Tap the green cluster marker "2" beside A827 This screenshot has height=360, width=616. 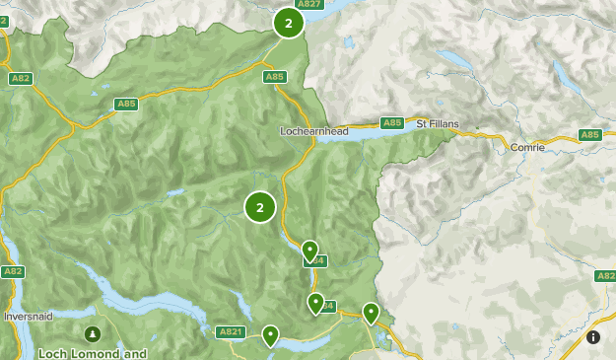(288, 23)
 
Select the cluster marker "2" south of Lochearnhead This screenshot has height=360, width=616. (260, 207)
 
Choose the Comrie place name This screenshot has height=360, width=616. (527, 147)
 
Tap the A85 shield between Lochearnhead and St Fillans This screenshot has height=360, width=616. (392, 123)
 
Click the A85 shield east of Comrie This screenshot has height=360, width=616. (589, 135)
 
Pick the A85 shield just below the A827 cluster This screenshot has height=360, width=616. (275, 76)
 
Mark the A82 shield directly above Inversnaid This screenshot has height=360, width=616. (12, 271)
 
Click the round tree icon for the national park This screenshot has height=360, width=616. (93, 334)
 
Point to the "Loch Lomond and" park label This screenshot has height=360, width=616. (93, 352)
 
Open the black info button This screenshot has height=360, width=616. (593, 337)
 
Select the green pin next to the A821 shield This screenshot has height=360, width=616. (269, 335)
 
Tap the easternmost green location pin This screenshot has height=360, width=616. (371, 313)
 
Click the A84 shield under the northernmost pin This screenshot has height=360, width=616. (317, 261)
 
